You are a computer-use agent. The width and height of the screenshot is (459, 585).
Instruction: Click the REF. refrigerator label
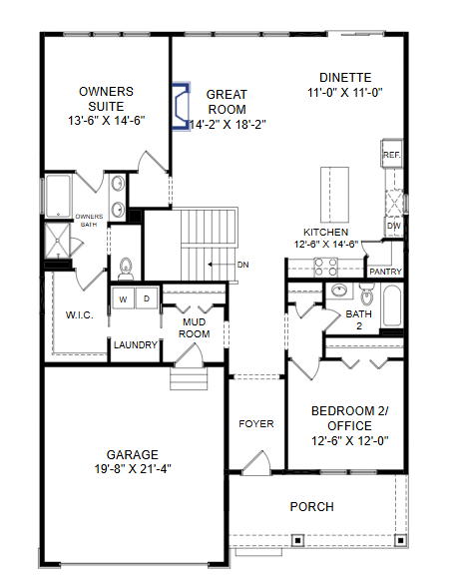click(391, 155)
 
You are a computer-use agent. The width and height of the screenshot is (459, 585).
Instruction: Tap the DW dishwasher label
click(394, 226)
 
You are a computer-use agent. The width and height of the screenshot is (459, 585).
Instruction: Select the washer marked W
click(123, 298)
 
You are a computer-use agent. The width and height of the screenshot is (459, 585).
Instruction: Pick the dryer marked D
click(147, 298)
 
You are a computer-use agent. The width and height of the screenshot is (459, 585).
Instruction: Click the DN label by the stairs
click(242, 265)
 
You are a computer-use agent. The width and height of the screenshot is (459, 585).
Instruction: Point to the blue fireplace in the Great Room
click(182, 107)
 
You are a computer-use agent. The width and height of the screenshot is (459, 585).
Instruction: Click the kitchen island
click(334, 195)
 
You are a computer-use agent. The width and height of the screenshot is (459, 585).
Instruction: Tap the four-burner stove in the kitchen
click(325, 268)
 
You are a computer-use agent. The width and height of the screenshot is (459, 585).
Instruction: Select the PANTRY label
click(385, 272)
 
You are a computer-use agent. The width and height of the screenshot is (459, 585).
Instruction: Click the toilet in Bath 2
click(366, 294)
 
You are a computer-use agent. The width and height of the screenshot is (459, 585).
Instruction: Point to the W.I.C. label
click(80, 315)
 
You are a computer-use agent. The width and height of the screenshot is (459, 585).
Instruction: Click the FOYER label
click(256, 424)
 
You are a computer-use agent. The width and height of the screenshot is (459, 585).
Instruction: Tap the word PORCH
click(312, 507)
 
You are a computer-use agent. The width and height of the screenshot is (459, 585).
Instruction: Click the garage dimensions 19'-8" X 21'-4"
click(133, 469)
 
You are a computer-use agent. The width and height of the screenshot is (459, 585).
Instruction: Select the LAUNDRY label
click(136, 345)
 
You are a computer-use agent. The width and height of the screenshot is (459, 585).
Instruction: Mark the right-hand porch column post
click(400, 540)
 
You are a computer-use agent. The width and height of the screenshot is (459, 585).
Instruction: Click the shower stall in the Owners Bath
click(57, 241)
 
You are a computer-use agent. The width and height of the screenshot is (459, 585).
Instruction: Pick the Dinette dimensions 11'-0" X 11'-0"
click(345, 93)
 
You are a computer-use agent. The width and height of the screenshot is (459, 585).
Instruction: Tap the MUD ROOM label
click(194, 328)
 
